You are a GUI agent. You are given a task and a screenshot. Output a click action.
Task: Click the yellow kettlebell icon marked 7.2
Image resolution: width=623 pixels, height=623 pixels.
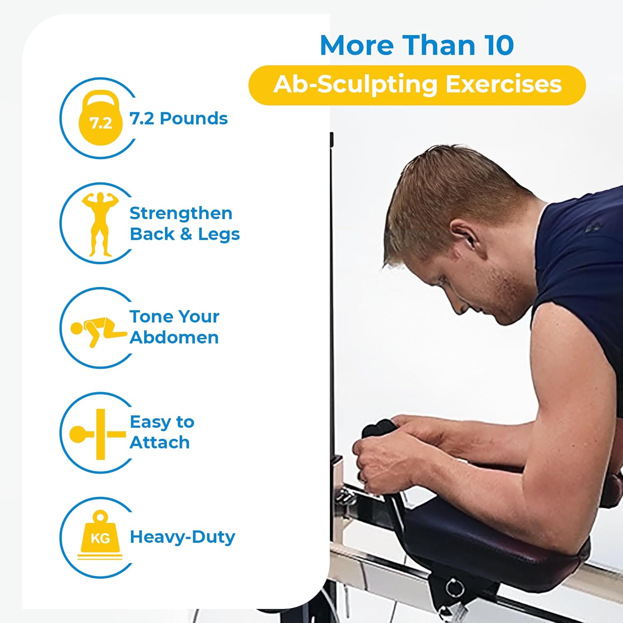(101, 118)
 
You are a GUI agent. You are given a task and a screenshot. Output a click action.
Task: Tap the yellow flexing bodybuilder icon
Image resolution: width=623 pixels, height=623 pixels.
(100, 223)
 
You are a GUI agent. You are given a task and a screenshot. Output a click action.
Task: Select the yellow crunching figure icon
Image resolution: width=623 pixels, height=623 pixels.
(98, 331)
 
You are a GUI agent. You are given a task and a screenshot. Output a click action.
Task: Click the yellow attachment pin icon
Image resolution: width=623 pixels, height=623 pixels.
(98, 434)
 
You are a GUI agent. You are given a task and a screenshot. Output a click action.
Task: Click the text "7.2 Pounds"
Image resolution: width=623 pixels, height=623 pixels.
(179, 119)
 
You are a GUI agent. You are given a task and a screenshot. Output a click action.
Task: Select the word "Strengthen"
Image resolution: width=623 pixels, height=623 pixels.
(181, 213)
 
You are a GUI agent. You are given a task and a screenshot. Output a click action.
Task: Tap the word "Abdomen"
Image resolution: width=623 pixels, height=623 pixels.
(174, 337)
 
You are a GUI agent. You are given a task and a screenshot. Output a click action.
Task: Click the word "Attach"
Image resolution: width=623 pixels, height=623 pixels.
(160, 443)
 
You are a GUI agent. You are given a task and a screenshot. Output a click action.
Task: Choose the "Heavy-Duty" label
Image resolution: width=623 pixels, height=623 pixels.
(182, 537)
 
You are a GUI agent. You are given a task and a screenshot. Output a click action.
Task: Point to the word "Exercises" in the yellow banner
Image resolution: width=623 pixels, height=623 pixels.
(503, 84)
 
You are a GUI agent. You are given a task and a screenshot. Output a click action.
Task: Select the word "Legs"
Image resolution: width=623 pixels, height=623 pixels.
(219, 234)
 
